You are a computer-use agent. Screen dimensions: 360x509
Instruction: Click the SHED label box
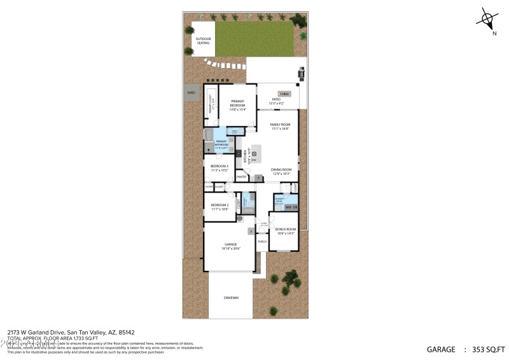pos(191,93)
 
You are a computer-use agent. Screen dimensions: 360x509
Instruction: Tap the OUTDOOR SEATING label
pos(203,41)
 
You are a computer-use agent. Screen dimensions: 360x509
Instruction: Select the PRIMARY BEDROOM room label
pos(237,105)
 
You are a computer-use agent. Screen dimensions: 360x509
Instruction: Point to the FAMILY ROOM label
pos(279,126)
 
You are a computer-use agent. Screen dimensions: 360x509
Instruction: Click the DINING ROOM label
pos(281,171)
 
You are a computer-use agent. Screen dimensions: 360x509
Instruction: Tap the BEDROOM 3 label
pos(220,168)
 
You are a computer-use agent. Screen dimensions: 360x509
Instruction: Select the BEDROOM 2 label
pos(220,207)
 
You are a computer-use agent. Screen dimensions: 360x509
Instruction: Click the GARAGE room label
pos(230,246)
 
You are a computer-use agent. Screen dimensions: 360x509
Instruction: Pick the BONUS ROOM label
pos(285,231)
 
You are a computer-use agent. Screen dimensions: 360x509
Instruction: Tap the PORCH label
pos(262,241)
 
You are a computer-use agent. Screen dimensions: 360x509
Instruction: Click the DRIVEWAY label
pos(230,297)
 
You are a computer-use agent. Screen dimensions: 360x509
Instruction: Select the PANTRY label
pos(241,177)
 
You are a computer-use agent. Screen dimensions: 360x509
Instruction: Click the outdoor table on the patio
pos(277,93)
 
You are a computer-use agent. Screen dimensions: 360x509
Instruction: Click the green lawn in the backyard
pos(254,39)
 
